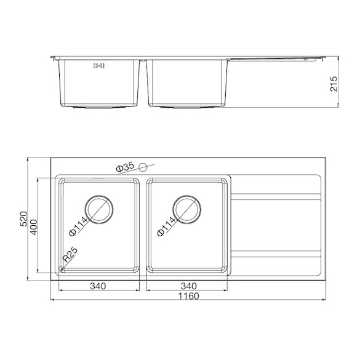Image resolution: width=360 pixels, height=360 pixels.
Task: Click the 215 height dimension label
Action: tap(334, 84)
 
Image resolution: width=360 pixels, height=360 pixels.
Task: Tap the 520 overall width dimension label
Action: tap(23, 219)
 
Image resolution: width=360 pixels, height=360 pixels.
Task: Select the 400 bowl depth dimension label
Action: tap(34, 227)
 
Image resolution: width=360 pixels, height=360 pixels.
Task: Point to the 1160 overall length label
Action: tap(189, 296)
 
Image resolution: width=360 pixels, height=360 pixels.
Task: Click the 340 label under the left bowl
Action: tap(98, 286)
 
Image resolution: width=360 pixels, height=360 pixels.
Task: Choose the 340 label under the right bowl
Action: tap(188, 286)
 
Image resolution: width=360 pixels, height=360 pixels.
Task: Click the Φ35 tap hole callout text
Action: tap(125, 167)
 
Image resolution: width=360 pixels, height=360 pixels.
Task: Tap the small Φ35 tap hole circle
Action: tap(143, 167)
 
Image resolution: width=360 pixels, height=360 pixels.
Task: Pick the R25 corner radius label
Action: tap(70, 254)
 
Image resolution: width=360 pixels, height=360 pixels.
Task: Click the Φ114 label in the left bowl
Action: tap(78, 226)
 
